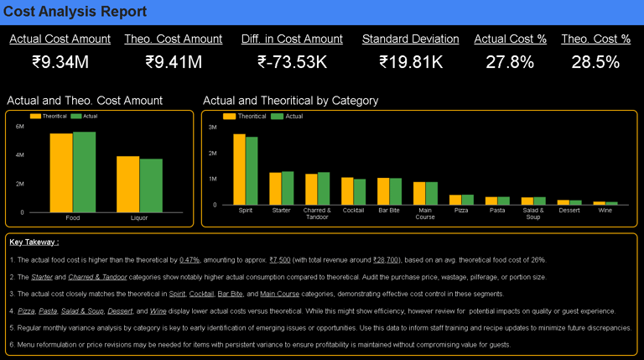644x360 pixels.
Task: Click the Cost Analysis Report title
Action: [75, 12]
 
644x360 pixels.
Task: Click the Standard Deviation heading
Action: [410, 39]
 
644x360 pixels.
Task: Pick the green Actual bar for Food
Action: [84, 172]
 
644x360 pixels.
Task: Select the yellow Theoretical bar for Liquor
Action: [127, 184]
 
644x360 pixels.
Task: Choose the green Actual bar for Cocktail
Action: [360, 191]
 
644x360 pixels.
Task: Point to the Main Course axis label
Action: [425, 214]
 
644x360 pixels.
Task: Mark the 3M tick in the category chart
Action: [213, 127]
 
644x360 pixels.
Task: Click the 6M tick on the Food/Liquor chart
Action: [20, 126]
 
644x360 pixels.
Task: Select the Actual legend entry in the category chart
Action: [293, 116]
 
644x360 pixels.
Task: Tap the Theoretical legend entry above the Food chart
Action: [52, 116]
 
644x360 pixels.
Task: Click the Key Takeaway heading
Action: [34, 243]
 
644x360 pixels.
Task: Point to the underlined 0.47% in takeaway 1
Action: [190, 260]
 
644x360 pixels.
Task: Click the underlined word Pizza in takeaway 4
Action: [28, 310]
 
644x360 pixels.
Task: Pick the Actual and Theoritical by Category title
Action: [290, 101]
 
